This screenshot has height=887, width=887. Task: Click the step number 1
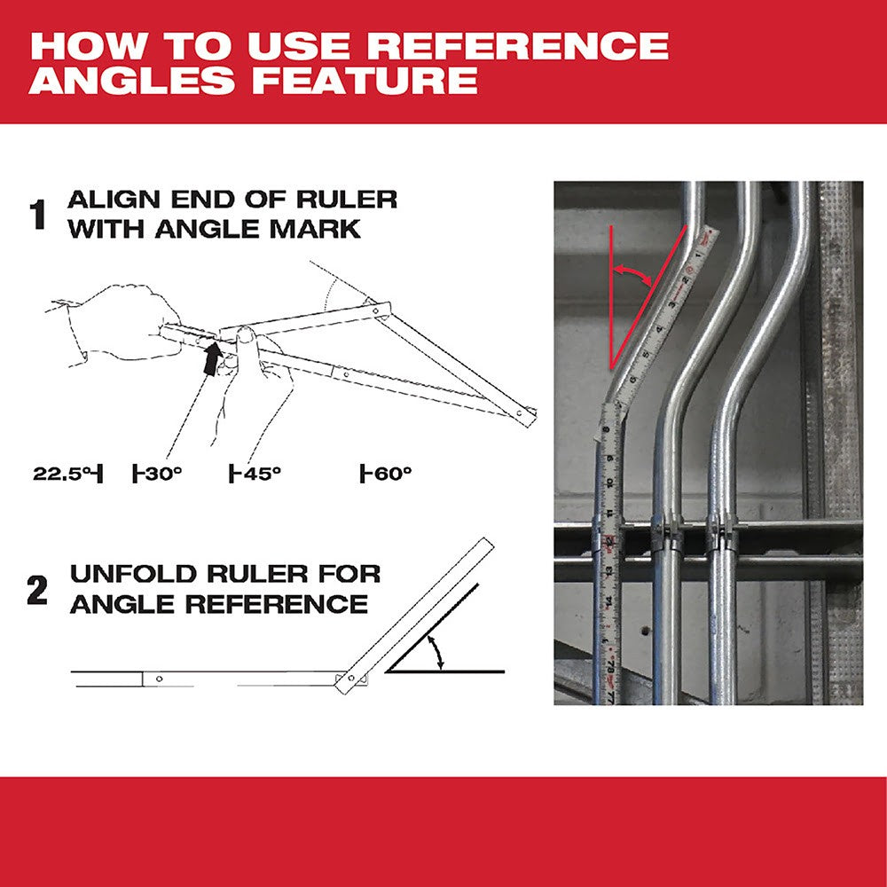tap(38, 216)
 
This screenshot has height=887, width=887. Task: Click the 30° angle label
tap(159, 474)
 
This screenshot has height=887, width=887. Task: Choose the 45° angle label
tap(256, 474)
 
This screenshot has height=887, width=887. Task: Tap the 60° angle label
tap(388, 474)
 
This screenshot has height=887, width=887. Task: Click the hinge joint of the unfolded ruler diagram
tap(353, 679)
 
